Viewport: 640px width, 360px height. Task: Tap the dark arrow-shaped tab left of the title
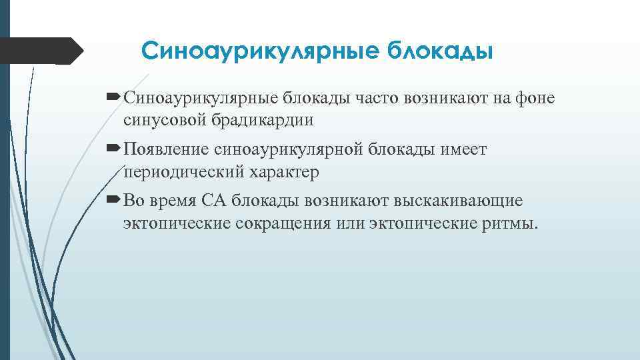point(41,51)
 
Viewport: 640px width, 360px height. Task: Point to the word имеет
point(464,150)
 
